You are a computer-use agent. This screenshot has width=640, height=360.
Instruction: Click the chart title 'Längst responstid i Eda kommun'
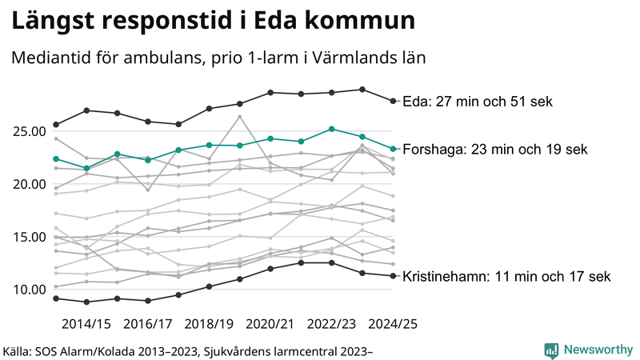(x=213, y=22)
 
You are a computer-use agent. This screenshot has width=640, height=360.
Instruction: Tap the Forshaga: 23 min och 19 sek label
(x=495, y=149)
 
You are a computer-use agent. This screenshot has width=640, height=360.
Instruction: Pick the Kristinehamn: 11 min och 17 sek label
(x=506, y=277)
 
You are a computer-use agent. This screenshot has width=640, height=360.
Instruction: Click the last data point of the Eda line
(x=392, y=101)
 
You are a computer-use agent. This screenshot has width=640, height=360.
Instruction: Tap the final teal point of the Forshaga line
(x=392, y=149)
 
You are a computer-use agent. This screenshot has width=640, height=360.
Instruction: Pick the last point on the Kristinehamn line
(x=392, y=276)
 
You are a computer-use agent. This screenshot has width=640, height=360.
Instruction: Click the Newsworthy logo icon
(x=551, y=350)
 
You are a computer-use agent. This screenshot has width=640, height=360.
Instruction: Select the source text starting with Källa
(x=189, y=350)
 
